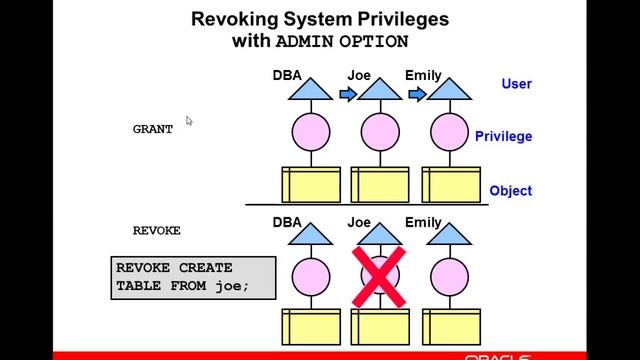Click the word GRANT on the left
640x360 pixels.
point(153,129)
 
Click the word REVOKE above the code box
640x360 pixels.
point(157,230)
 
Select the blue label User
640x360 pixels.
point(516,84)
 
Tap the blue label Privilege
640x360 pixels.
point(503,137)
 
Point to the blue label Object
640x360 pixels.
point(510,191)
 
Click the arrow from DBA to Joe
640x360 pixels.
point(347,95)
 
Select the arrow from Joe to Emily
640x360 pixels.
point(418,95)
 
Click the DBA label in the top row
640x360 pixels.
point(287,75)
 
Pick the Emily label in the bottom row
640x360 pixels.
point(423,222)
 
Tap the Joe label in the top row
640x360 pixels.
point(359,75)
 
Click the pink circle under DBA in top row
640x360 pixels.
point(311,133)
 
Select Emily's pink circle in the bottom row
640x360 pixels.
point(451,277)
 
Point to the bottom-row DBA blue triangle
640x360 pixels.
point(311,236)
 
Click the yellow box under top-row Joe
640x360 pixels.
point(381,184)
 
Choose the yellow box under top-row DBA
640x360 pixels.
point(311,184)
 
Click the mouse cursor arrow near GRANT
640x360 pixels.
point(189,121)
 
